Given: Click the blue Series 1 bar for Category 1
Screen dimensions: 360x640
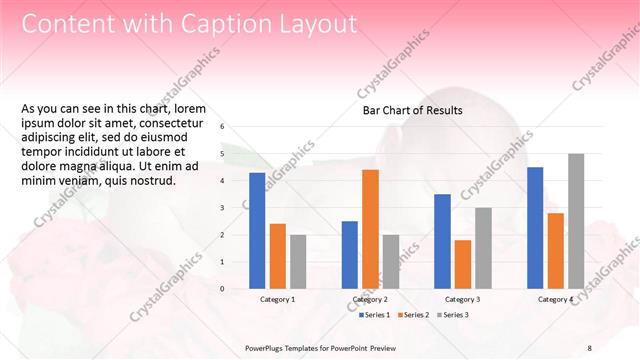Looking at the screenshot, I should point(257,231).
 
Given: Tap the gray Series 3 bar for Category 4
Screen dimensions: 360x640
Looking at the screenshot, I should point(576,221).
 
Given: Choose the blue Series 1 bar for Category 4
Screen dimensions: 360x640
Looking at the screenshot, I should point(535,228).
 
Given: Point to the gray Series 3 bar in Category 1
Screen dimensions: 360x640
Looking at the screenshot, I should point(298,261).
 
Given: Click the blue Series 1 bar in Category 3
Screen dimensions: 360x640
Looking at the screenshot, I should point(442,241).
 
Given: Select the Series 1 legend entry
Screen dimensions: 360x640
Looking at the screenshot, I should point(376,315).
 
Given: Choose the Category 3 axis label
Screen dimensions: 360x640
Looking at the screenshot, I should point(462,299).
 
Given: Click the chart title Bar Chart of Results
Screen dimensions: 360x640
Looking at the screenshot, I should point(412,110).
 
